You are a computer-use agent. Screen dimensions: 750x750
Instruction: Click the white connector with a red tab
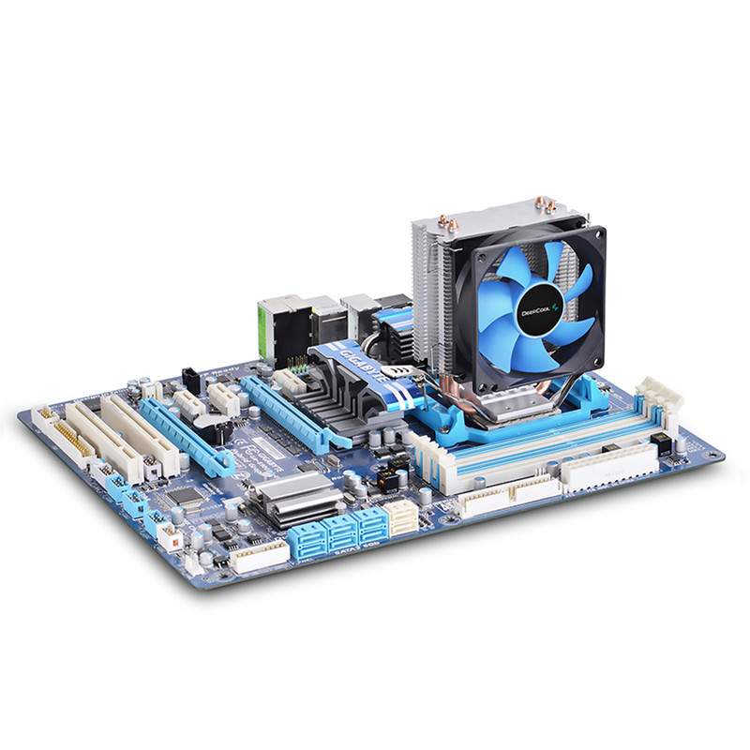pos(168,535)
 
